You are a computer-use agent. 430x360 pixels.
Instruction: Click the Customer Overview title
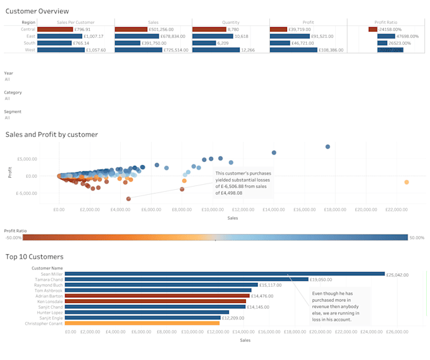[37, 11]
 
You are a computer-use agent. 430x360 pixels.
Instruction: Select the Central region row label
[28, 29]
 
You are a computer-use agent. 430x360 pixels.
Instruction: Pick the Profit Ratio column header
[386, 22]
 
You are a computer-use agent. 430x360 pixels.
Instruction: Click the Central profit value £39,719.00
[300, 29]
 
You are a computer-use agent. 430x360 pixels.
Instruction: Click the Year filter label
[9, 73]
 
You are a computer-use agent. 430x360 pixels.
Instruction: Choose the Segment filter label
[13, 111]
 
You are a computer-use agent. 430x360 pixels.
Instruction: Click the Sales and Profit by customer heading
[52, 134]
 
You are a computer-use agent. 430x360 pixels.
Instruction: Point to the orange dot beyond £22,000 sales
[407, 182]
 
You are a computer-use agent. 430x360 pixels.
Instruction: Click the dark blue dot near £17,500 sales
[328, 147]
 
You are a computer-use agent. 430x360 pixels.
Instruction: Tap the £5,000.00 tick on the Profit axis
[26, 159]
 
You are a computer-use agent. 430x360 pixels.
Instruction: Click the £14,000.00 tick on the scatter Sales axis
[274, 209]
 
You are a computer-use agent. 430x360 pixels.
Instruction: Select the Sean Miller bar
[224, 274]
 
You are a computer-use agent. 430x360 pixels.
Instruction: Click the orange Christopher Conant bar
[142, 323]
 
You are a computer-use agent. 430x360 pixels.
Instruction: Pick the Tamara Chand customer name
[47, 279]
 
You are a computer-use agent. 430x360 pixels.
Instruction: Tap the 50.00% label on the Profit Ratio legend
[416, 238]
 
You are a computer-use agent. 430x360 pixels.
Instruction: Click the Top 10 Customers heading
[34, 257]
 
